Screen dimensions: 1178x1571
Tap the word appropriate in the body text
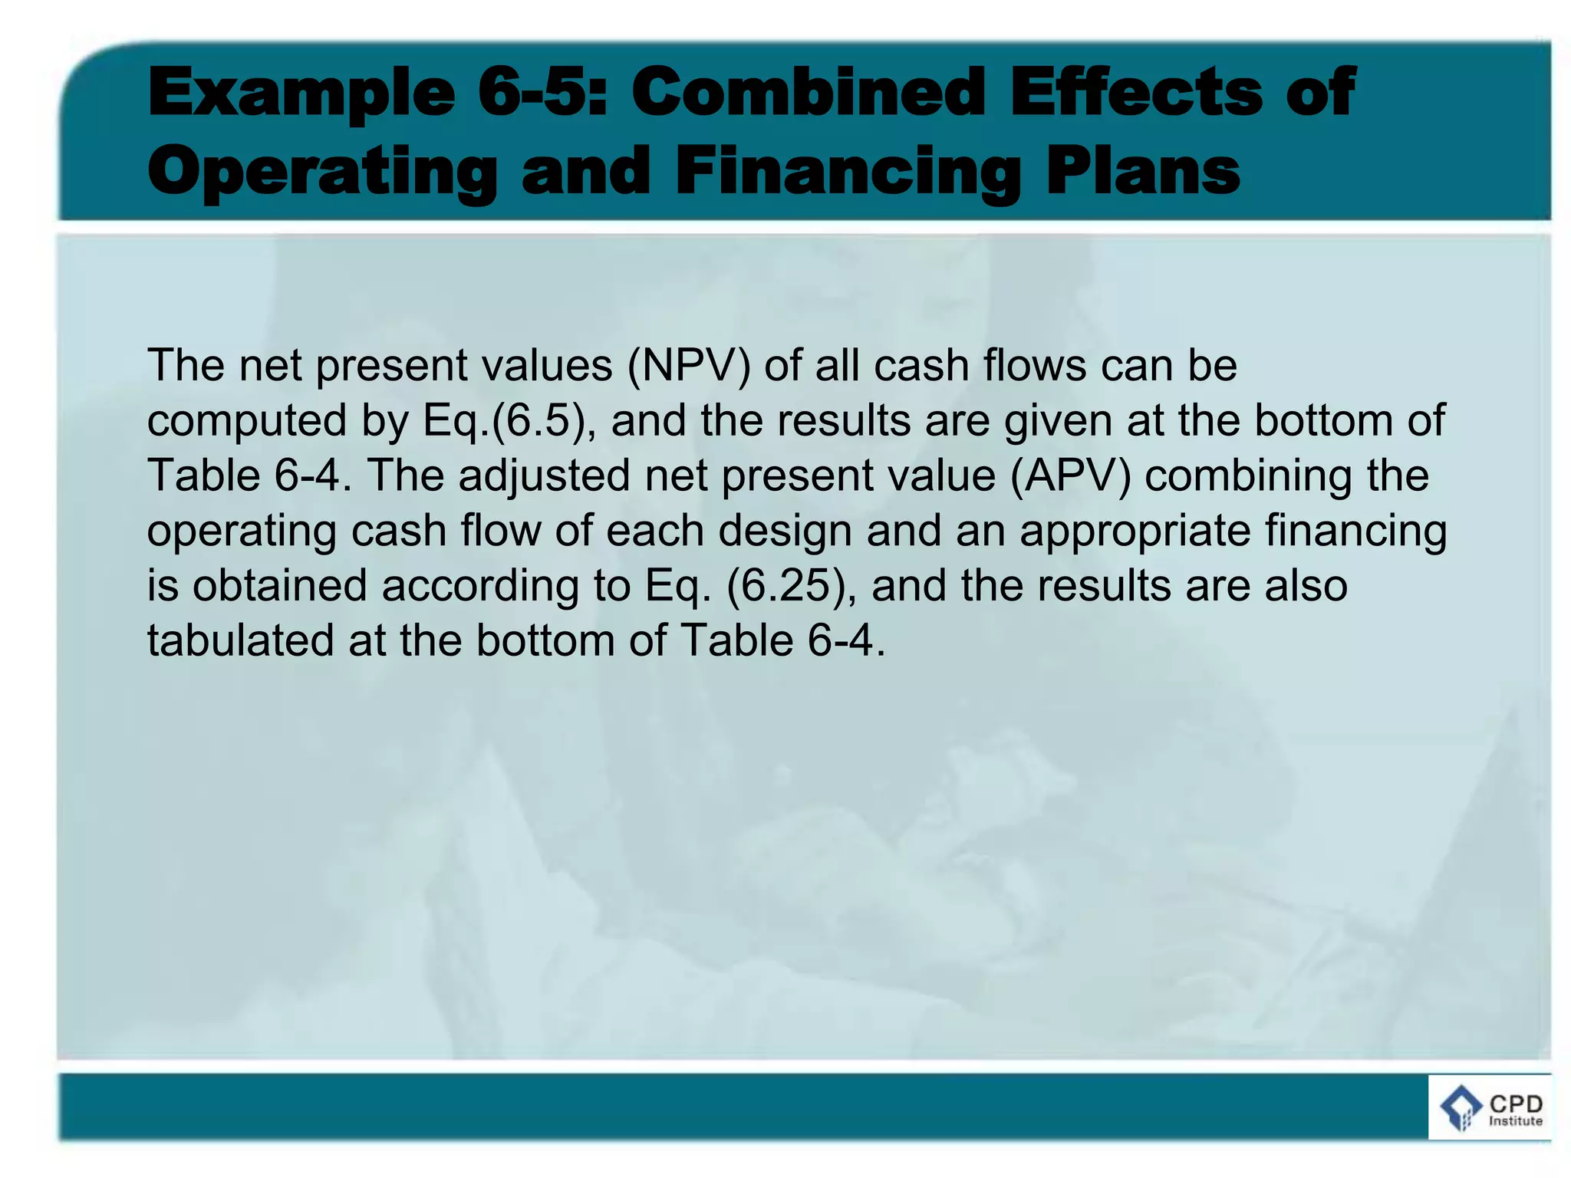(1135, 531)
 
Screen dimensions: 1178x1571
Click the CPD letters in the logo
(1516, 1104)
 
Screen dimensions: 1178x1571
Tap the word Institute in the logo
(1516, 1121)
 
